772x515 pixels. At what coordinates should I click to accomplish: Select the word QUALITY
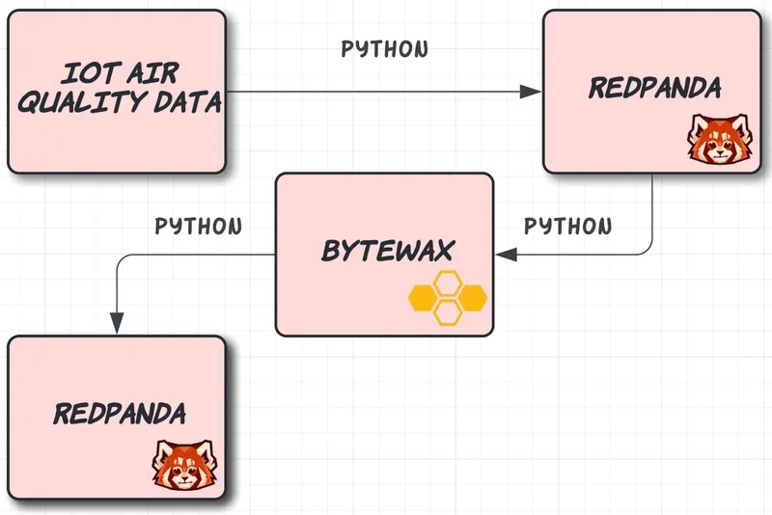coord(77,102)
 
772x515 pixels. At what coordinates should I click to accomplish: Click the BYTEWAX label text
coord(386,253)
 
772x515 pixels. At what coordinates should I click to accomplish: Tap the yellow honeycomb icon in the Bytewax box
coord(446,298)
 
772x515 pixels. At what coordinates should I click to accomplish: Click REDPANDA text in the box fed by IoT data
coord(654,89)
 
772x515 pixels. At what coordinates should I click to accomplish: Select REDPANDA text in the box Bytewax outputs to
coord(120,415)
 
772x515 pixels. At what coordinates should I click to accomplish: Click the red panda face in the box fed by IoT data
coord(713,141)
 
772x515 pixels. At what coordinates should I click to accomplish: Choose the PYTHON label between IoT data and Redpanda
coord(385,49)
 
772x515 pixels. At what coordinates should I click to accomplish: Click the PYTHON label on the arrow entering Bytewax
coord(567,227)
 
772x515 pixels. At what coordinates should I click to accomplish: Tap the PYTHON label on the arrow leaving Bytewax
coord(199,227)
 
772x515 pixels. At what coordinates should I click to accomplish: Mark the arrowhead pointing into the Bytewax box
coord(506,255)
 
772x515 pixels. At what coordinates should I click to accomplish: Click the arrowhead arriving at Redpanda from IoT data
coord(530,92)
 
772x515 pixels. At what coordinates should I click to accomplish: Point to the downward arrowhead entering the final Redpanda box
coord(116,323)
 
